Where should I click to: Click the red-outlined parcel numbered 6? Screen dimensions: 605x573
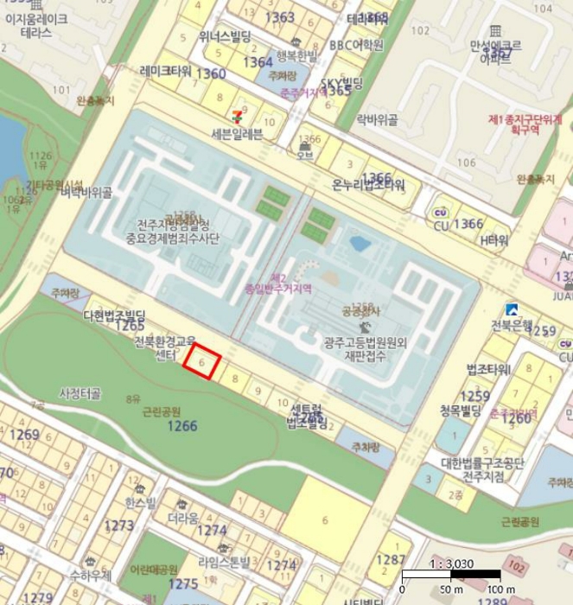[202, 362]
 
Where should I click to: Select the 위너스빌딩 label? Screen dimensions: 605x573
[225, 37]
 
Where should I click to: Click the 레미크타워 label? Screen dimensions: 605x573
[165, 71]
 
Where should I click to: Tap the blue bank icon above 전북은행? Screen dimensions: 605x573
[513, 309]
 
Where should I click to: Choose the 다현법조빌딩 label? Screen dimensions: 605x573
[115, 315]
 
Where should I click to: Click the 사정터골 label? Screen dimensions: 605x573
[80, 394]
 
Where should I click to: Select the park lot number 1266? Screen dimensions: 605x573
[182, 425]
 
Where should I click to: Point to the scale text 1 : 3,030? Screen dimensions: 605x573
[452, 562]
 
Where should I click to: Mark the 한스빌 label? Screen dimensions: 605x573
[141, 502]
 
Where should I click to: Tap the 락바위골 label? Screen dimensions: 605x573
[377, 121]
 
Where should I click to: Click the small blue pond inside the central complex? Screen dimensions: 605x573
[360, 244]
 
